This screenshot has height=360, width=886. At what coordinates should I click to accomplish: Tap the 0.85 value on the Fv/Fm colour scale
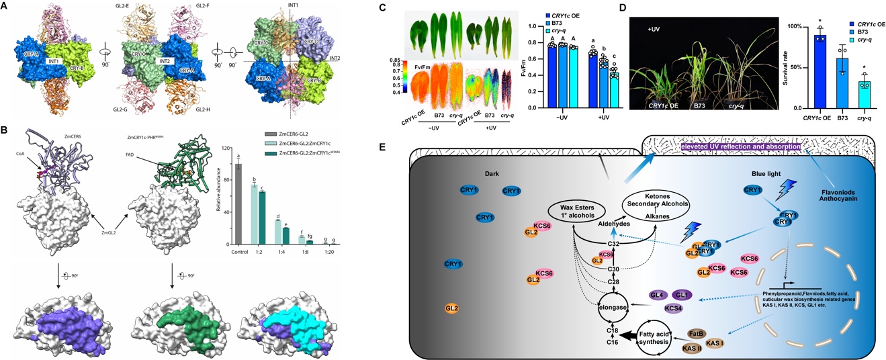click(403, 61)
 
